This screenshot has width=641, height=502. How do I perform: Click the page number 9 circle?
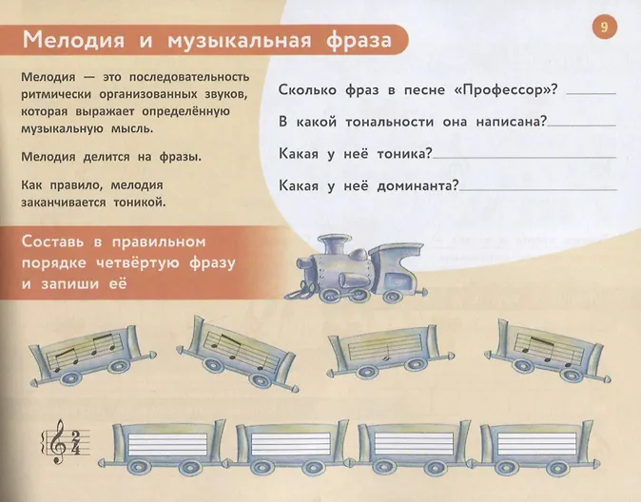tap(604, 27)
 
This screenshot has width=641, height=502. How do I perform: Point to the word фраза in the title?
tap(359, 40)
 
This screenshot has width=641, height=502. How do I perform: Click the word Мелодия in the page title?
tap(73, 40)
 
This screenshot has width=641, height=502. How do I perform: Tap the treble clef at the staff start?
tap(58, 441)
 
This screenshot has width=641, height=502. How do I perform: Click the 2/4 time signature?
tap(75, 443)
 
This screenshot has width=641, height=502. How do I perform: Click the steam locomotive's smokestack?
tap(331, 244)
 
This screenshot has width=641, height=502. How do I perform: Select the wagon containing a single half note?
tap(390, 351)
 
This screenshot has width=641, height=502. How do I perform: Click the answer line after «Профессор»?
tap(592, 93)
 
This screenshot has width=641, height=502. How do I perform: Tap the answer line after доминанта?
tap(537, 190)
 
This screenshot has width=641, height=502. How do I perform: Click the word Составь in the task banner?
tap(52, 241)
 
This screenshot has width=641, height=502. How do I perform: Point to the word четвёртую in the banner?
tap(138, 262)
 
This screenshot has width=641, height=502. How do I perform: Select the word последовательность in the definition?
tap(189, 77)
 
